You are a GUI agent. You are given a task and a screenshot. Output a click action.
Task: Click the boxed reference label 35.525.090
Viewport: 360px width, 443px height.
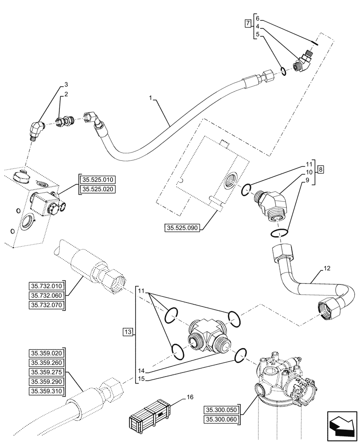[x=182, y=228]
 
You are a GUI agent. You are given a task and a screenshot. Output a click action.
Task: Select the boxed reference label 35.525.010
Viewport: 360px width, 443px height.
[x=97, y=179]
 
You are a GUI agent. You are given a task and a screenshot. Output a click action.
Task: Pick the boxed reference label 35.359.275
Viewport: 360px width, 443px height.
[x=47, y=372]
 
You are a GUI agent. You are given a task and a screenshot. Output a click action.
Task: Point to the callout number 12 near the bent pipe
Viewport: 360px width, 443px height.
[x=327, y=268]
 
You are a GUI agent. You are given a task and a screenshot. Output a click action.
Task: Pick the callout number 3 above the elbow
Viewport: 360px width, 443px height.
[x=66, y=84]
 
